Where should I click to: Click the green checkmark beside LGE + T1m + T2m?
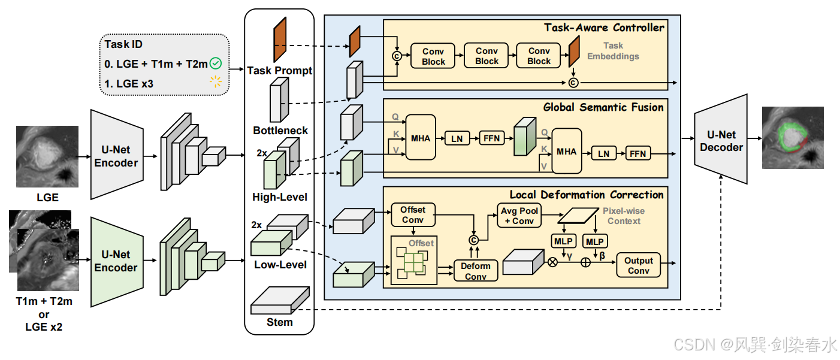click(x=216, y=63)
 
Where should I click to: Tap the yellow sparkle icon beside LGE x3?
click(x=216, y=81)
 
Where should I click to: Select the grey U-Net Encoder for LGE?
click(x=117, y=155)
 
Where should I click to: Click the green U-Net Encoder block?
click(x=117, y=262)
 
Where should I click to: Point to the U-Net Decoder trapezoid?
click(x=721, y=139)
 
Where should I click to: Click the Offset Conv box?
click(x=413, y=215)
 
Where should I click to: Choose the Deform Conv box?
click(x=476, y=271)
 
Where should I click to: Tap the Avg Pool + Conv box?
click(x=519, y=216)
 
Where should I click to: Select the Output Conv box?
click(x=638, y=265)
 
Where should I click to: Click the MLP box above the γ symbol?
click(x=563, y=241)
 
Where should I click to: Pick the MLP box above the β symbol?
click(x=595, y=241)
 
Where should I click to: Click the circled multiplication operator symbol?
click(x=553, y=262)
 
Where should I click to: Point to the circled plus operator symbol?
click(x=585, y=262)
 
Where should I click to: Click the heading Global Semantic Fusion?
click(x=603, y=107)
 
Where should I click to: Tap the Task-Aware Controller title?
click(x=604, y=28)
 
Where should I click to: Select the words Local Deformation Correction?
click(x=587, y=195)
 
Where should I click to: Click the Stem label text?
click(x=279, y=322)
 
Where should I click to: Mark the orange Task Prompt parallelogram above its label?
click(x=280, y=40)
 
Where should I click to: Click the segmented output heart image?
click(x=793, y=138)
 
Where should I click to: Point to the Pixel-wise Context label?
click(x=624, y=216)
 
